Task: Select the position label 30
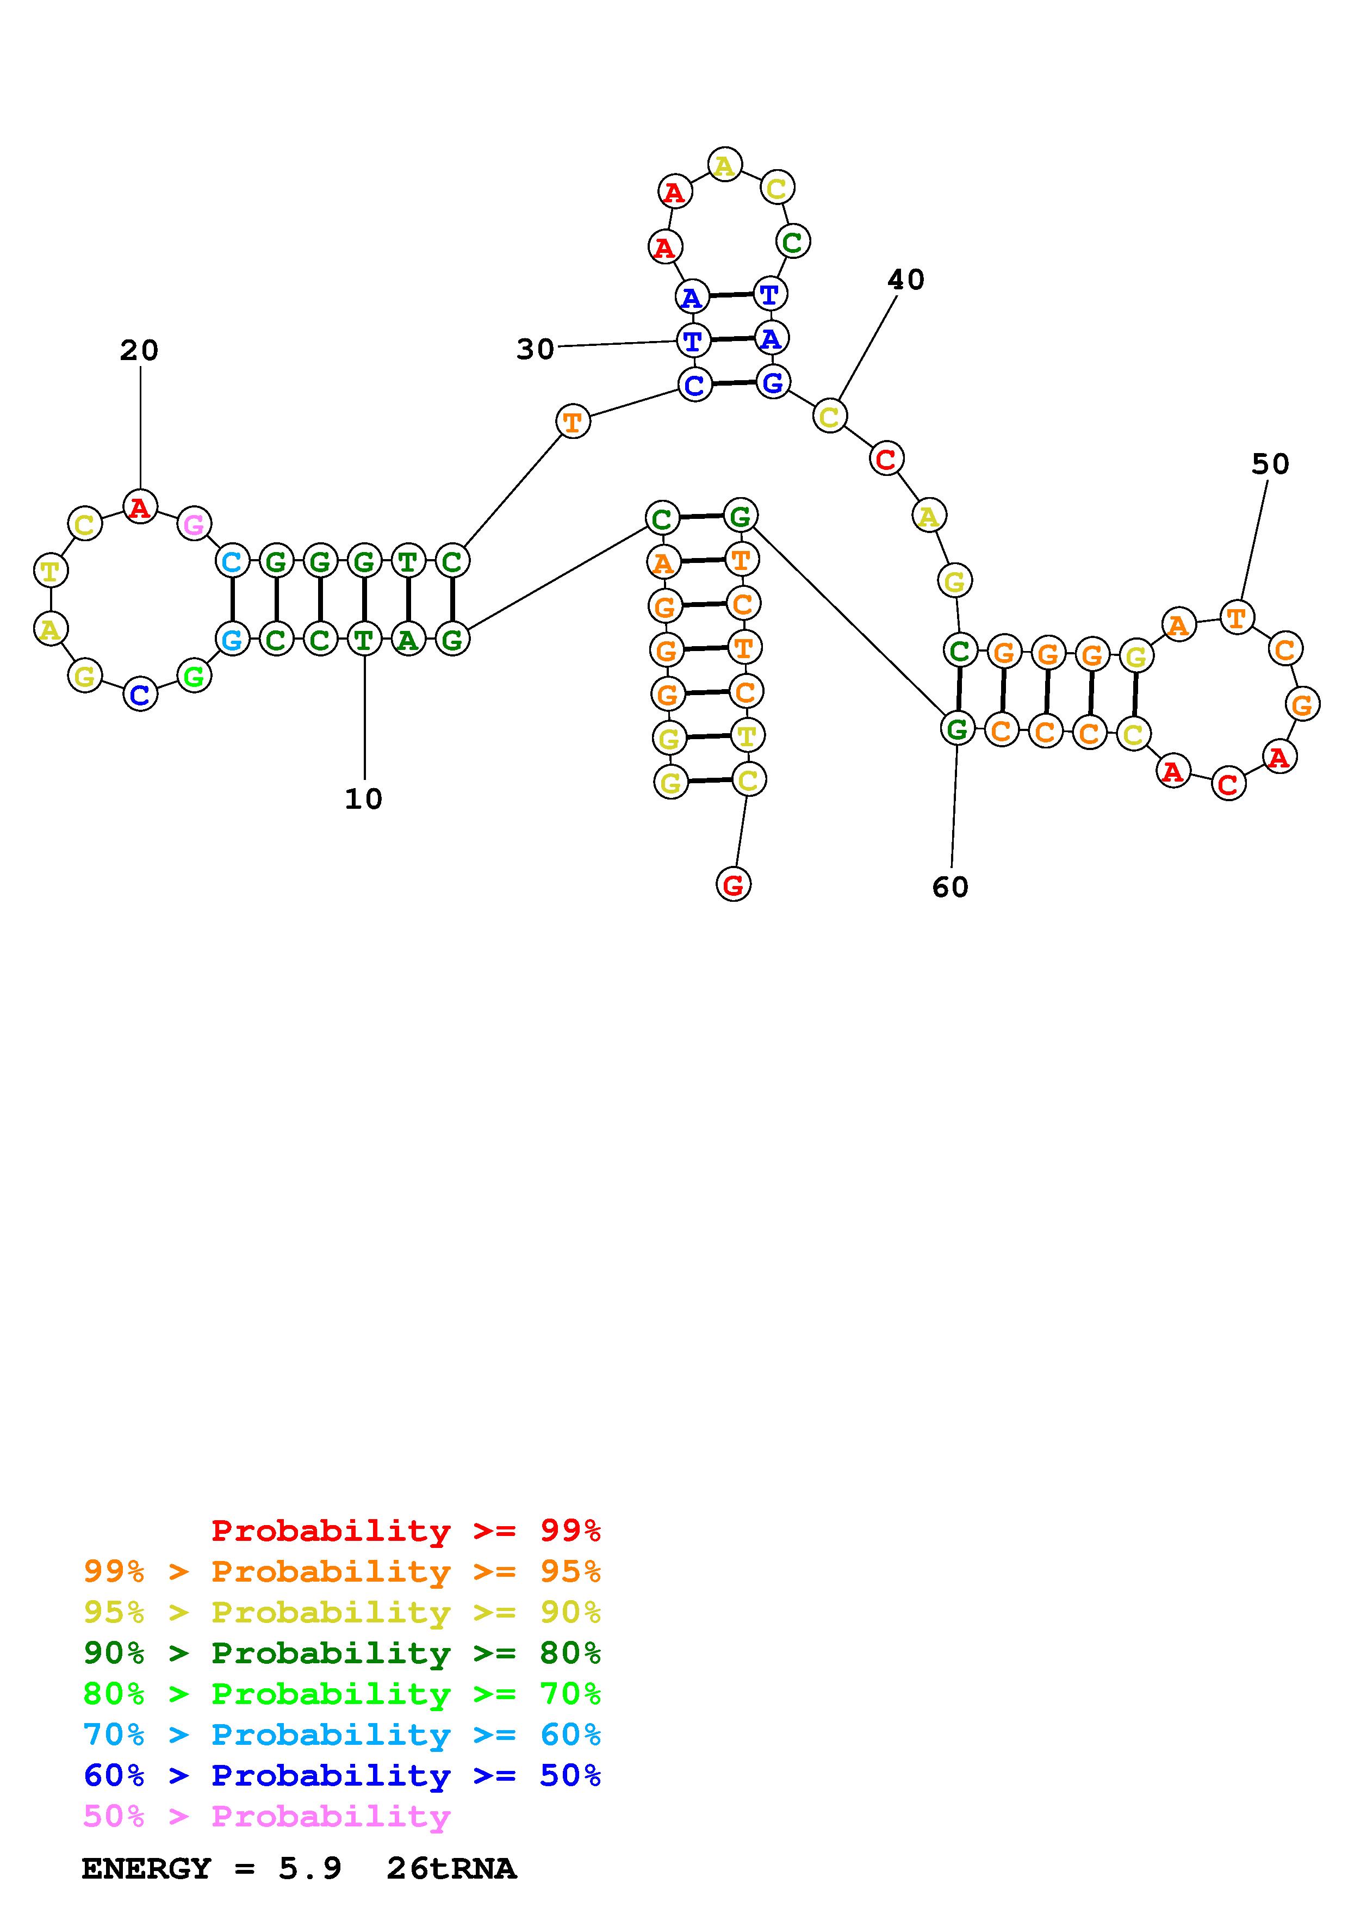pyautogui.click(x=535, y=350)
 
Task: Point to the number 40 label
pyautogui.click(x=905, y=280)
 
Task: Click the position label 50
pyautogui.click(x=1270, y=464)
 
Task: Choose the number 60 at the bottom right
pyautogui.click(x=950, y=888)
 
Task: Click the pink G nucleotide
pyautogui.click(x=194, y=524)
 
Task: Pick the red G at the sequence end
pyautogui.click(x=732, y=885)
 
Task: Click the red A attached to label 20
pyautogui.click(x=140, y=507)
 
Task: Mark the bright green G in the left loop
pyautogui.click(x=194, y=677)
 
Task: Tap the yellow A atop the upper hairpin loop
pyautogui.click(x=725, y=165)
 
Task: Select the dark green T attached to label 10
pyautogui.click(x=364, y=640)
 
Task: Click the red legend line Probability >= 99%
pyautogui.click(x=406, y=1531)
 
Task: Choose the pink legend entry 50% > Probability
pyautogui.click(x=266, y=1817)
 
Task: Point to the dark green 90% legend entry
pyautogui.click(x=341, y=1653)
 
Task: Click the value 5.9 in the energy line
pyautogui.click(x=310, y=1869)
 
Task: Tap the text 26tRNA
pyautogui.click(x=451, y=1869)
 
